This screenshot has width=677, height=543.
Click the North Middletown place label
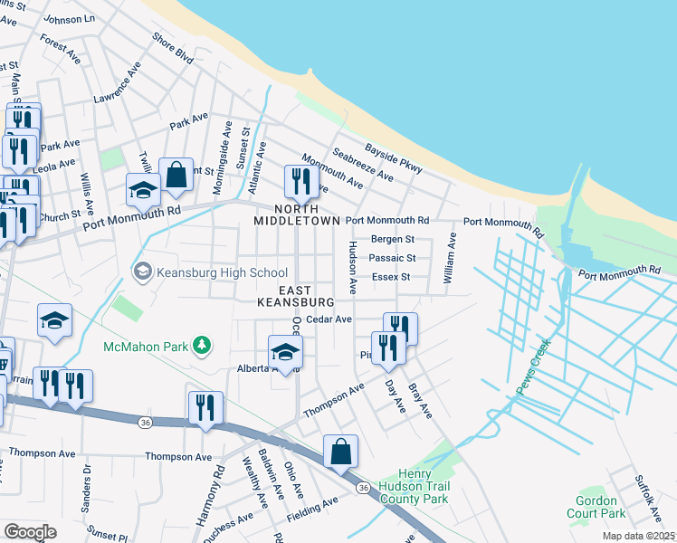pos(296,213)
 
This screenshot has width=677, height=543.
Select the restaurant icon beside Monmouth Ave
pos(296,181)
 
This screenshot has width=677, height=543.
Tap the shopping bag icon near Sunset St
pos(176,175)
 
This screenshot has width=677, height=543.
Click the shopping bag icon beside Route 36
pos(340,451)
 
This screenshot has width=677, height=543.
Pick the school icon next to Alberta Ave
pos(284,352)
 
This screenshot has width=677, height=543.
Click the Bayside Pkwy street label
pos(394,157)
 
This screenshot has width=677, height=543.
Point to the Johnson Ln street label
pos(69,19)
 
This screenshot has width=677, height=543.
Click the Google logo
pos(30,531)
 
